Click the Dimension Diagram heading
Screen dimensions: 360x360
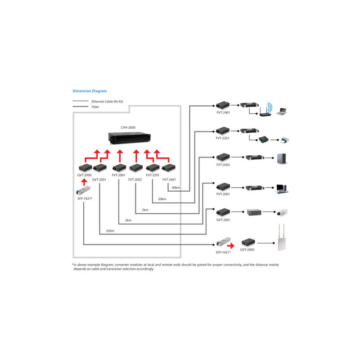click(90, 91)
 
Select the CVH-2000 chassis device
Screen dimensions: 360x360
click(130, 138)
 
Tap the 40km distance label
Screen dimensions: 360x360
click(176, 188)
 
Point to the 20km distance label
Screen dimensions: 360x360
click(162, 199)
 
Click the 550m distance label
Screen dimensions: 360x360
click(110, 231)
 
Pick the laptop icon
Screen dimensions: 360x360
click(282, 112)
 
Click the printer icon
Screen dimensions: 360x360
click(285, 140)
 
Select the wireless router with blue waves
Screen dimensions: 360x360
click(266, 110)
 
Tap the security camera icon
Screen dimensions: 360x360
click(282, 212)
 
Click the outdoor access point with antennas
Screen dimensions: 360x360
click(282, 238)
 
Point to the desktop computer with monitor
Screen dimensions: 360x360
click(282, 189)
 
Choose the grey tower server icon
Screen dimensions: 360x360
click(282, 159)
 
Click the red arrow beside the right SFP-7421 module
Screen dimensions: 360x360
click(231, 246)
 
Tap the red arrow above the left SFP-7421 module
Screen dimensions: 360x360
click(84, 182)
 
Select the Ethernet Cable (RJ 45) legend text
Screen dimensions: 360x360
click(107, 102)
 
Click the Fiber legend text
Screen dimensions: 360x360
click(95, 107)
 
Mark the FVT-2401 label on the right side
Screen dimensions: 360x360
click(223, 112)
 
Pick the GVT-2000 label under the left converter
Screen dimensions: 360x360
click(84, 175)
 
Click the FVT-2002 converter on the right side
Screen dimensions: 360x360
click(223, 157)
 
